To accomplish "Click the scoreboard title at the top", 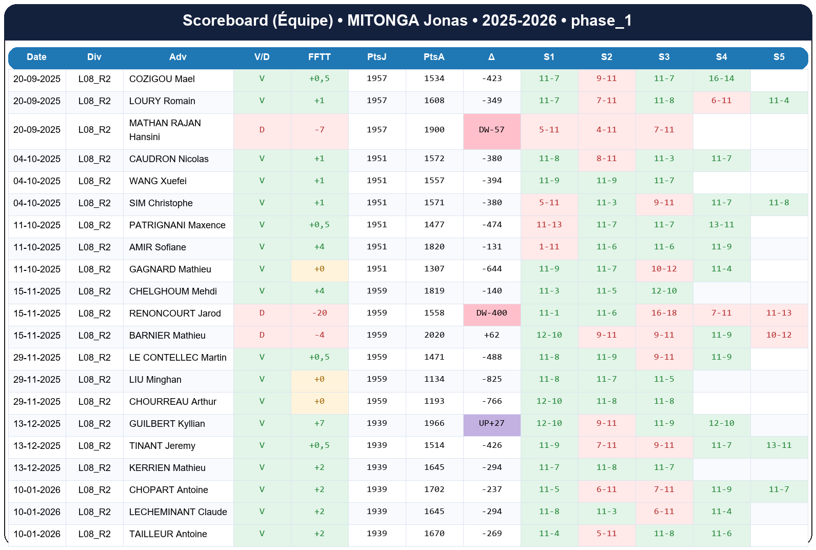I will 407,21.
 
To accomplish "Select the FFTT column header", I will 319,57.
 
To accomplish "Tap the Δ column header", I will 491,57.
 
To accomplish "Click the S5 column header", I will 779,57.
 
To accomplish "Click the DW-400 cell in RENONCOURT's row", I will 491,313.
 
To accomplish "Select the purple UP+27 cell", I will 491,423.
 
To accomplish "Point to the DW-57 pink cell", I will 491,130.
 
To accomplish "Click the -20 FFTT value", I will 319,313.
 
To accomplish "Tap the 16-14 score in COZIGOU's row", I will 721,78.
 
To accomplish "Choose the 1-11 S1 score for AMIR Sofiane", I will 549,247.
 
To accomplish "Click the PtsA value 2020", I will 434,335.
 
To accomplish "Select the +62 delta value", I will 491,335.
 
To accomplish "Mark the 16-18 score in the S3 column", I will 664,313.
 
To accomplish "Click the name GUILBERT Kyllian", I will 167,424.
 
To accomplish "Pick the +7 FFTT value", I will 319,423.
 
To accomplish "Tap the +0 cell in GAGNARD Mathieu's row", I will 319,269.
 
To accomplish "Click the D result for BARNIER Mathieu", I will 262,335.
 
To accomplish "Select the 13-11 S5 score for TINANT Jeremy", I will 779,445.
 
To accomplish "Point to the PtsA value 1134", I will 434,379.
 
